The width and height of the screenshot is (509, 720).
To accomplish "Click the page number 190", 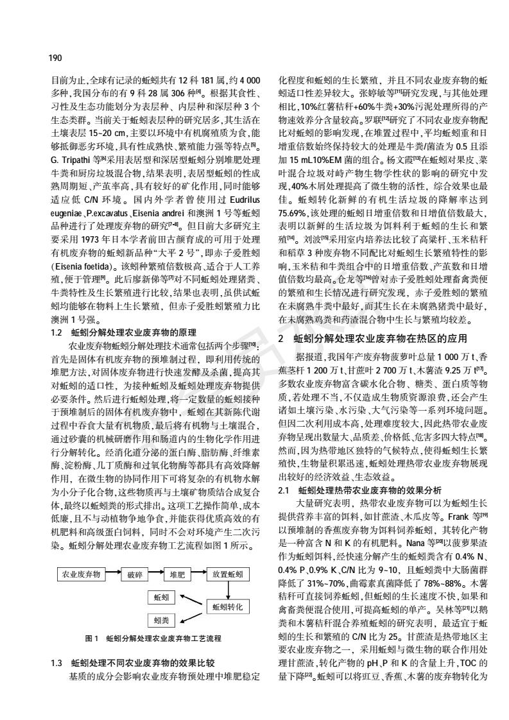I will click(55, 58).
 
